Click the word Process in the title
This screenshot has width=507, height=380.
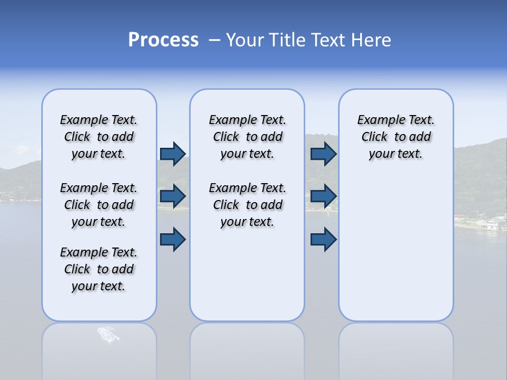[163, 40]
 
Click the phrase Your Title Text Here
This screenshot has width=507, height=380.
[308, 40]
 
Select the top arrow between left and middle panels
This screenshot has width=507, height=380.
[173, 154]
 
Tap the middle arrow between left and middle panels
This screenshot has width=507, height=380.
[173, 196]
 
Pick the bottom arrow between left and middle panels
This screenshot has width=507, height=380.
[173, 239]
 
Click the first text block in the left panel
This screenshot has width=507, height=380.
[99, 137]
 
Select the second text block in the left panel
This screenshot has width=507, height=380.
[99, 205]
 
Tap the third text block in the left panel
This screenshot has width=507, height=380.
[99, 269]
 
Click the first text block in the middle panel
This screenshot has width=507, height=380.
[247, 137]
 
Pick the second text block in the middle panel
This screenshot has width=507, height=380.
[247, 205]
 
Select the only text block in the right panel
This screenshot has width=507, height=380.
[396, 137]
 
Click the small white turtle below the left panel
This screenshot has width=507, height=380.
[108, 335]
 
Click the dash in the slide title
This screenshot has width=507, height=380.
[214, 41]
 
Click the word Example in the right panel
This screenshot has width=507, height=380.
[377, 120]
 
